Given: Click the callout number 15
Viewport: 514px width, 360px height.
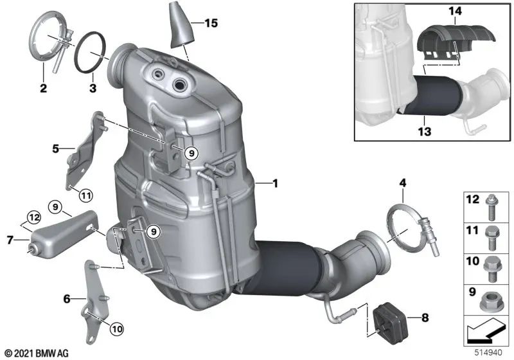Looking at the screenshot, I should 211,24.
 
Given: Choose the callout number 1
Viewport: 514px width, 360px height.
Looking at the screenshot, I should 275,183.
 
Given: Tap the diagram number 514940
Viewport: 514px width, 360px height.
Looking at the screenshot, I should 487,352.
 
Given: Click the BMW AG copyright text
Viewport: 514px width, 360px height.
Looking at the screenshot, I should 36,352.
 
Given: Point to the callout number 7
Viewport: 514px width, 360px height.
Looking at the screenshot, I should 10,240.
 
